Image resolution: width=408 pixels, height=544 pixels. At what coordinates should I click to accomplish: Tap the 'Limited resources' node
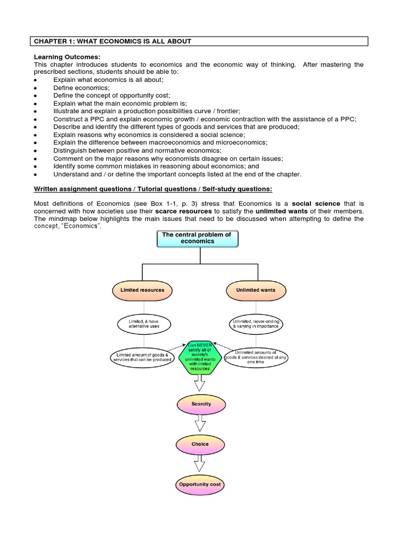click(142, 290)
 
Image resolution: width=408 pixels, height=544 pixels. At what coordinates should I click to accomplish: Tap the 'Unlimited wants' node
click(256, 290)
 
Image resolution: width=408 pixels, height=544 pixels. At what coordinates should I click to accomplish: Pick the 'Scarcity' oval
click(201, 404)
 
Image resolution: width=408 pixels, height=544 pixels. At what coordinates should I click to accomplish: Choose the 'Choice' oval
click(200, 444)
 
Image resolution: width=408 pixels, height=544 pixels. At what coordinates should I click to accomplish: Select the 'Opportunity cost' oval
click(200, 484)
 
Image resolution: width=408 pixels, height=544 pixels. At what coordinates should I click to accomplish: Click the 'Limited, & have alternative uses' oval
click(143, 324)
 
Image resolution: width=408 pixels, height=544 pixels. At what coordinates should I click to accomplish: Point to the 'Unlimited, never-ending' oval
click(256, 324)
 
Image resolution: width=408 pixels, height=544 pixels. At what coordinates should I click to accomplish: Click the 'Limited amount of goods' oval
click(142, 357)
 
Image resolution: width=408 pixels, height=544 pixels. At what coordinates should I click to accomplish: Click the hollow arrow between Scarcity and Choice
click(200, 423)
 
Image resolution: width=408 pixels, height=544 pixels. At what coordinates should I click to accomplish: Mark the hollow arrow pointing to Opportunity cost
click(200, 464)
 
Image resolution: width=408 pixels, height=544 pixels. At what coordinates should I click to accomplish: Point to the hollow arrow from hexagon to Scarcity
click(200, 384)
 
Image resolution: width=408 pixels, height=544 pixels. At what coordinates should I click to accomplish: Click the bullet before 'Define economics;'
click(35, 87)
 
